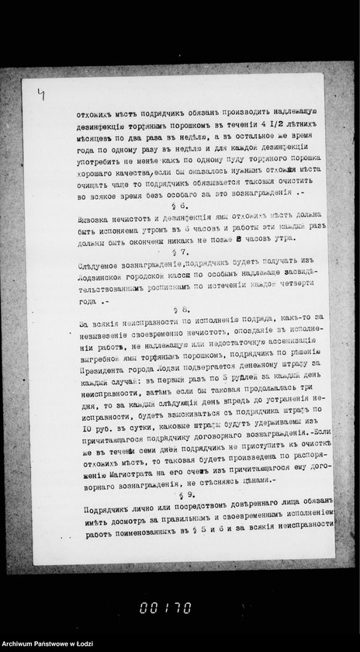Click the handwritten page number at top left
pyautogui.click(x=40, y=95)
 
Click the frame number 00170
pyautogui.click(x=165, y=608)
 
